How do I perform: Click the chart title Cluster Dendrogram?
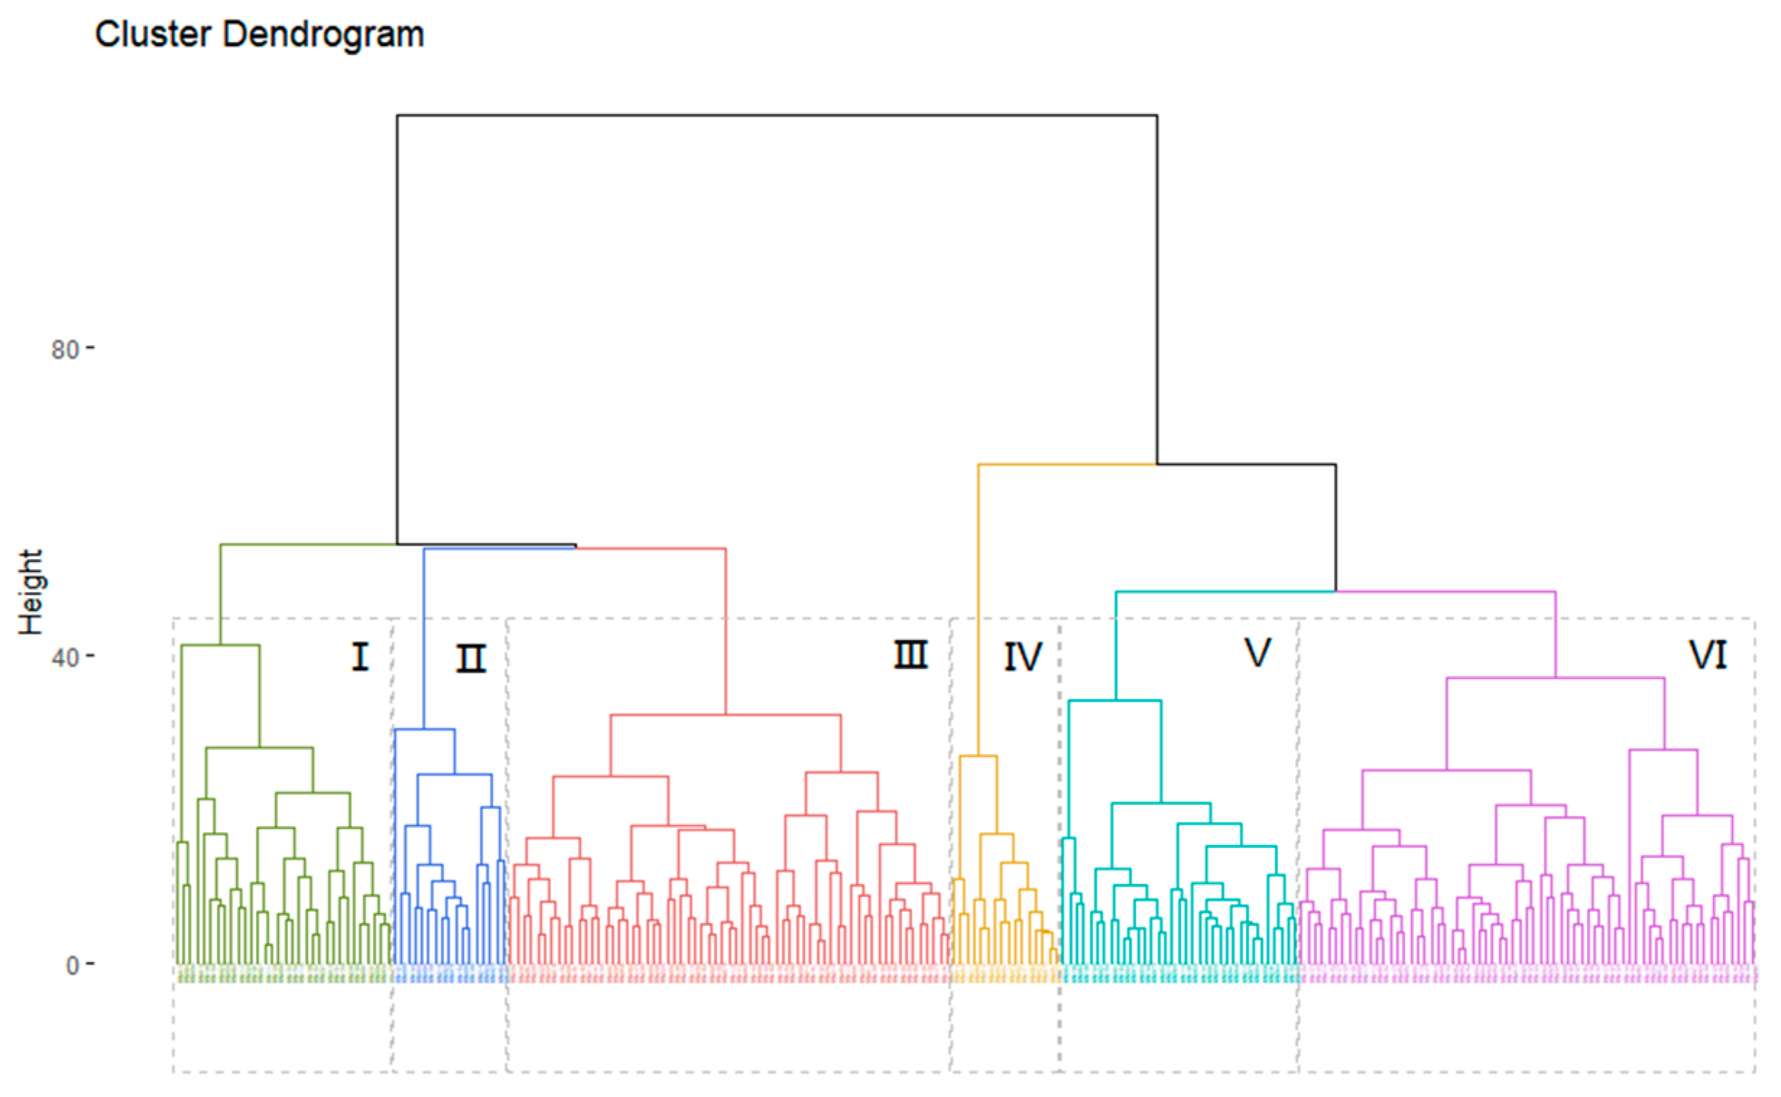(x=259, y=34)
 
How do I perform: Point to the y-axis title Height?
(x=31, y=592)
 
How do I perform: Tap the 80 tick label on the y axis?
(x=64, y=350)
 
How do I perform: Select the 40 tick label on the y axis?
(x=64, y=657)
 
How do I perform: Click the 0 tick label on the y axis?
(x=72, y=966)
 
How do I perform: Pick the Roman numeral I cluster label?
(x=360, y=657)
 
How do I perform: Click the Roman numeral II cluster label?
(x=471, y=659)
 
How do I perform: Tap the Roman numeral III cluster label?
(x=910, y=656)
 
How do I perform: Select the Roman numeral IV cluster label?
(x=1022, y=657)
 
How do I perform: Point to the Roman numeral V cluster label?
(x=1258, y=653)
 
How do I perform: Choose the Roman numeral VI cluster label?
(x=1708, y=655)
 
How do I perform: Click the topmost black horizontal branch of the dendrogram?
(x=777, y=116)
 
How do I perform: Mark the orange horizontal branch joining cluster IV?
(x=1067, y=464)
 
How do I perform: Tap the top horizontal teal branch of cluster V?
(x=1225, y=592)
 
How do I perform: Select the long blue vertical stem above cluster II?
(x=424, y=638)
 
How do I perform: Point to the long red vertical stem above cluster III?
(x=725, y=631)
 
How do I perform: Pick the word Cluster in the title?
(x=152, y=34)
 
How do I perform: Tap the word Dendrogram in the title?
(x=324, y=34)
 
